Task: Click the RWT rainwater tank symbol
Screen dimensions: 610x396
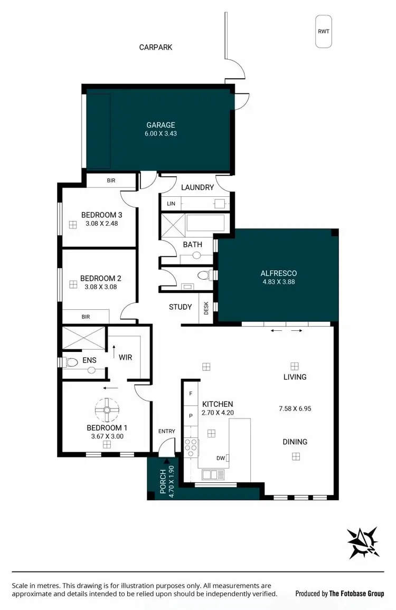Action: [323, 32]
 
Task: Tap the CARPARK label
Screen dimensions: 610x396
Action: [156, 47]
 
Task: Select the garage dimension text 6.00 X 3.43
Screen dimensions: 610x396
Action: [161, 134]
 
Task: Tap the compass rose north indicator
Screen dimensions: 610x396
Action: [363, 542]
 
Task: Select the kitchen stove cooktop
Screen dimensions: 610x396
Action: [191, 447]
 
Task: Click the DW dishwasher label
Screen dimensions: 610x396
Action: [220, 458]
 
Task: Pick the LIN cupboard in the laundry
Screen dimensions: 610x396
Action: [171, 203]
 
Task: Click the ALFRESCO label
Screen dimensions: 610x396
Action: [278, 273]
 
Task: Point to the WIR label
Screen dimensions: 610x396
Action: [125, 357]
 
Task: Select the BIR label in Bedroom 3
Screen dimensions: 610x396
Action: [111, 180]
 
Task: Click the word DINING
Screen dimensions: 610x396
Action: [294, 442]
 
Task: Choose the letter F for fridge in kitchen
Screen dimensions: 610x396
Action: [191, 394]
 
